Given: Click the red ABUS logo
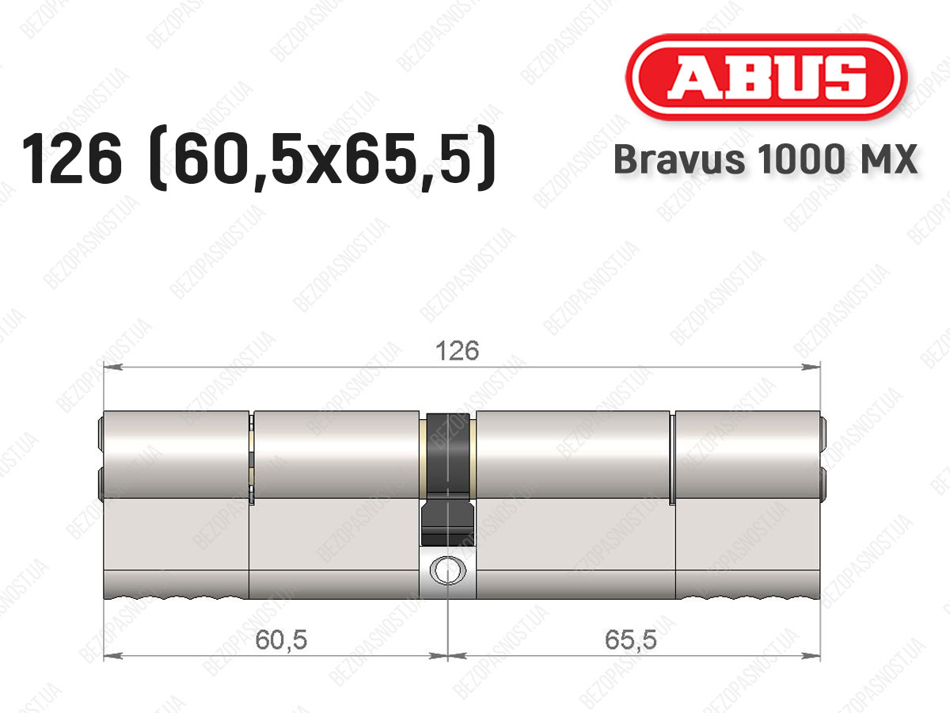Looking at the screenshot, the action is pyautogui.click(x=766, y=77).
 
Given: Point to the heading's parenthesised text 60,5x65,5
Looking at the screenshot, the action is pyautogui.click(x=322, y=158).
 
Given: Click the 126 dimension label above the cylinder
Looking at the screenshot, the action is pyautogui.click(x=458, y=351).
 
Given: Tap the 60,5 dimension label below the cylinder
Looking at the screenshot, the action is pyautogui.click(x=281, y=640).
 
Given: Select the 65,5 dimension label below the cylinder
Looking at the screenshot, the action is pyautogui.click(x=631, y=640).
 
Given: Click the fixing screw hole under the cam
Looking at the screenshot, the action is pyautogui.click(x=447, y=570).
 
